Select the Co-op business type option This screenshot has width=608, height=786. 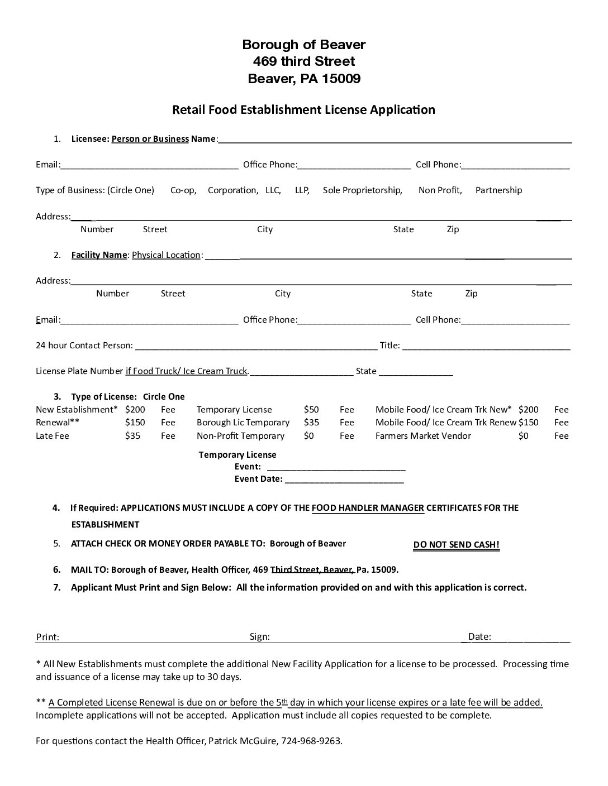coord(183,190)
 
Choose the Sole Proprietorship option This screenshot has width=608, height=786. coord(362,190)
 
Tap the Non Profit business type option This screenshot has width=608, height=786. coord(440,190)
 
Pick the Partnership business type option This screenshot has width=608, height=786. coord(498,190)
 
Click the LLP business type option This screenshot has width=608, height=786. coord(302,190)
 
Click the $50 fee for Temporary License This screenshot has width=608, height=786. coord(311,410)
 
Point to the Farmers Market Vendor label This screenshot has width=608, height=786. coord(423,436)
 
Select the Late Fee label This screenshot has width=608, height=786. coord(53,436)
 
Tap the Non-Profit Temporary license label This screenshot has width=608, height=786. coord(240,436)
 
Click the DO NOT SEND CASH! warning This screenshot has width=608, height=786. coord(456,545)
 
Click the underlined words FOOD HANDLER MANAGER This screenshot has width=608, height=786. coord(368,508)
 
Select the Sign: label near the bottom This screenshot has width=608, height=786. coord(260,636)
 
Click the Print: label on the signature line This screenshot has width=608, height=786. coord(47,637)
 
